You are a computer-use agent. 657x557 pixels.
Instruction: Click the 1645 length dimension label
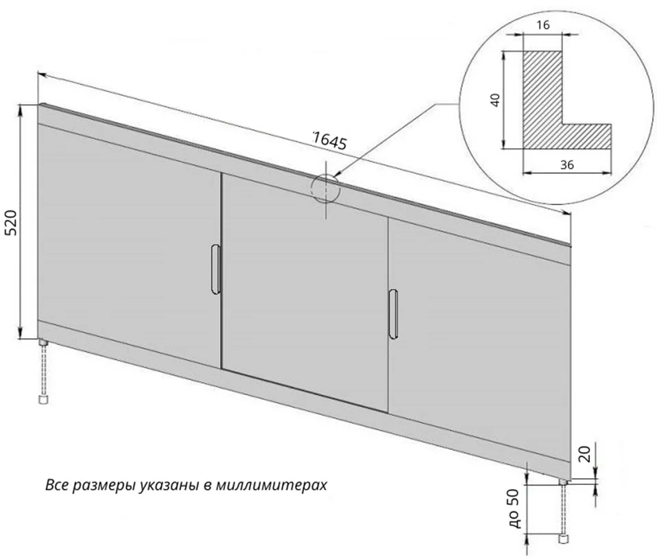(x=328, y=141)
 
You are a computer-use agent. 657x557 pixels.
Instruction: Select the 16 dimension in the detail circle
(x=543, y=25)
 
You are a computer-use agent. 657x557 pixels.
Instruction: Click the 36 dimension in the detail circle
(x=566, y=165)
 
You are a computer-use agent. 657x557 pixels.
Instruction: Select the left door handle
(x=215, y=270)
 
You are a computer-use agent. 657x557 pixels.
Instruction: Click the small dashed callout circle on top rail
(x=325, y=188)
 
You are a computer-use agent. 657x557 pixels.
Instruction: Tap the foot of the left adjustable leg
(x=43, y=397)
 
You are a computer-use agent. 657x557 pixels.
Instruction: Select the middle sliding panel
(x=305, y=288)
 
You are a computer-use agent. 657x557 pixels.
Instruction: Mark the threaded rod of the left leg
(x=44, y=369)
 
